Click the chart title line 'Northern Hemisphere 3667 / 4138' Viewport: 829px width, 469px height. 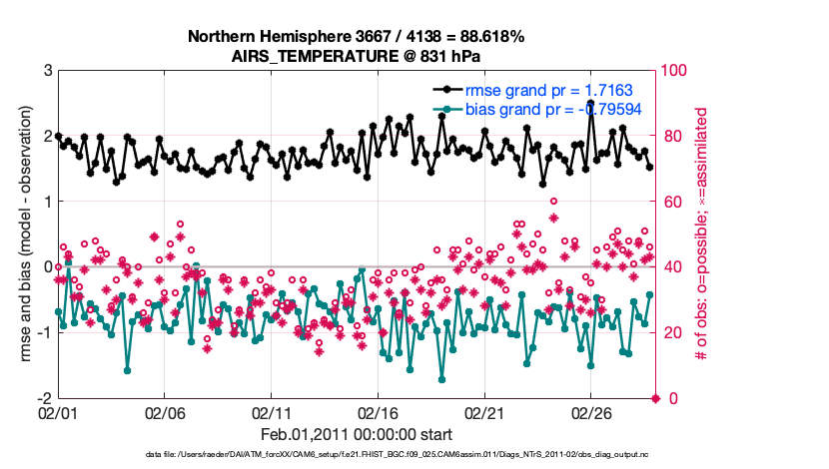356,37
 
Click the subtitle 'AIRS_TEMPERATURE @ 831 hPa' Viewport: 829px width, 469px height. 356,56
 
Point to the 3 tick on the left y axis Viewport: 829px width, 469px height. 47,71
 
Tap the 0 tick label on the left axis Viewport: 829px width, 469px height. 47,266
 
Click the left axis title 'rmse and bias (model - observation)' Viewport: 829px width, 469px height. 24,234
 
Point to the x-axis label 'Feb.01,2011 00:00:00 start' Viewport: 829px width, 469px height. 357,436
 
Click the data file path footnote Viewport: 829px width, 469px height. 357,456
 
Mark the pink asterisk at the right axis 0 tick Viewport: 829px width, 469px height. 656,398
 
